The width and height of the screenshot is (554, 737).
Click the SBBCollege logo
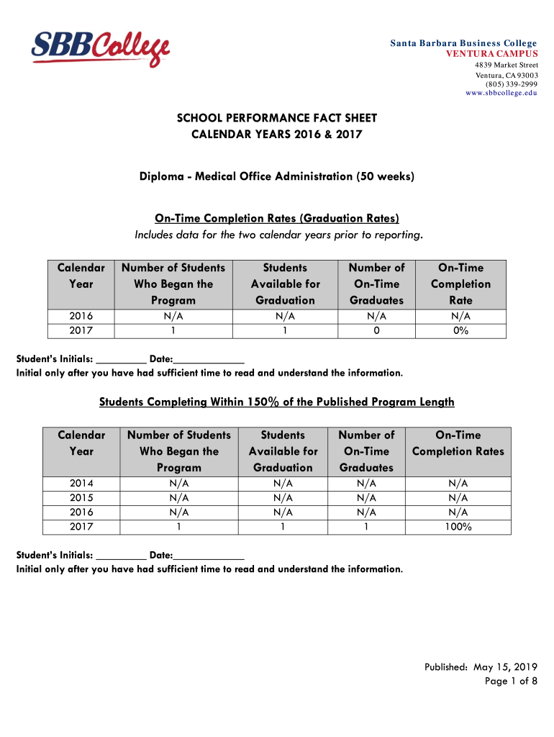click(x=100, y=48)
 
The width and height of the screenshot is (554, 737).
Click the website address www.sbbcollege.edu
click(x=501, y=94)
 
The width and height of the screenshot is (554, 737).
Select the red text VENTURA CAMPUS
click(x=492, y=54)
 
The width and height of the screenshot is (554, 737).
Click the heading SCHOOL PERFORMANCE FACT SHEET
click(x=277, y=118)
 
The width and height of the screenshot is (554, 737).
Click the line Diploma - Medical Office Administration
click(x=277, y=176)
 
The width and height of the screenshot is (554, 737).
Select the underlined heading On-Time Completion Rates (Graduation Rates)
click(x=277, y=218)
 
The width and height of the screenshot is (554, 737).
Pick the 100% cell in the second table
click(x=458, y=527)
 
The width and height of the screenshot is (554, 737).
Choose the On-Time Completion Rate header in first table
click(x=461, y=284)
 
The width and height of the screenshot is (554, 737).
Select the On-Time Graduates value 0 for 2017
click(x=376, y=331)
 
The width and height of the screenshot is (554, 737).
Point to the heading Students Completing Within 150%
click(x=277, y=402)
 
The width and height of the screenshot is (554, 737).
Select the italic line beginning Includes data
click(x=277, y=235)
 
